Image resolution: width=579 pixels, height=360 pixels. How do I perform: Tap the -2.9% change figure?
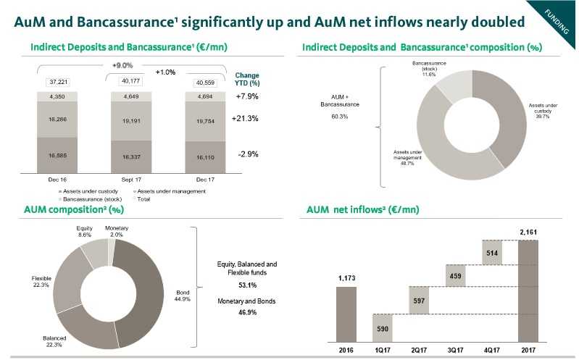coord(249,154)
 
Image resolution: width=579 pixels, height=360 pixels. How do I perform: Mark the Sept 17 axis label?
coord(132,178)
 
